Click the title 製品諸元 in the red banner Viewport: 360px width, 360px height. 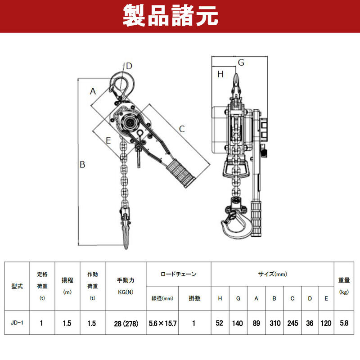pyautogui.click(x=170, y=16)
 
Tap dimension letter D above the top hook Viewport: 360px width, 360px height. pyautogui.click(x=129, y=66)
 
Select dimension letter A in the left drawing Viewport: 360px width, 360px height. pyautogui.click(x=93, y=91)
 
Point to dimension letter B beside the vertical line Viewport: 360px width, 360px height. pyautogui.click(x=82, y=165)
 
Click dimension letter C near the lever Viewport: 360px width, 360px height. pyautogui.click(x=182, y=129)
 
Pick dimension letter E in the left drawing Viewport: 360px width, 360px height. pyautogui.click(x=108, y=140)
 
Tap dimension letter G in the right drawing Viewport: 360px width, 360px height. pyautogui.click(x=241, y=63)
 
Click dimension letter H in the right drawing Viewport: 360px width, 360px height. pyautogui.click(x=220, y=74)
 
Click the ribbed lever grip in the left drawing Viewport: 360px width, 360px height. pyautogui.click(x=180, y=173)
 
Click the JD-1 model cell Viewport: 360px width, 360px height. pyautogui.click(x=17, y=323)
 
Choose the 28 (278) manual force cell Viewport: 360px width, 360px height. pyautogui.click(x=126, y=324)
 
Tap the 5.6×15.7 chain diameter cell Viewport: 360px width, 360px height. pyautogui.click(x=162, y=324)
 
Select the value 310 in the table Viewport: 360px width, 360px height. pyautogui.click(x=275, y=323)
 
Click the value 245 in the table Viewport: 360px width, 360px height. pyautogui.click(x=293, y=323)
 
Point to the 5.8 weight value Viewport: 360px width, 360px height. pyautogui.click(x=344, y=323)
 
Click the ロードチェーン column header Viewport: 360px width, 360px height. pyautogui.click(x=178, y=274)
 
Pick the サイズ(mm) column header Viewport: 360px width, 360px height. pyautogui.click(x=273, y=274)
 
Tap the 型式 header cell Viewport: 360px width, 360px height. pyautogui.click(x=17, y=286)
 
